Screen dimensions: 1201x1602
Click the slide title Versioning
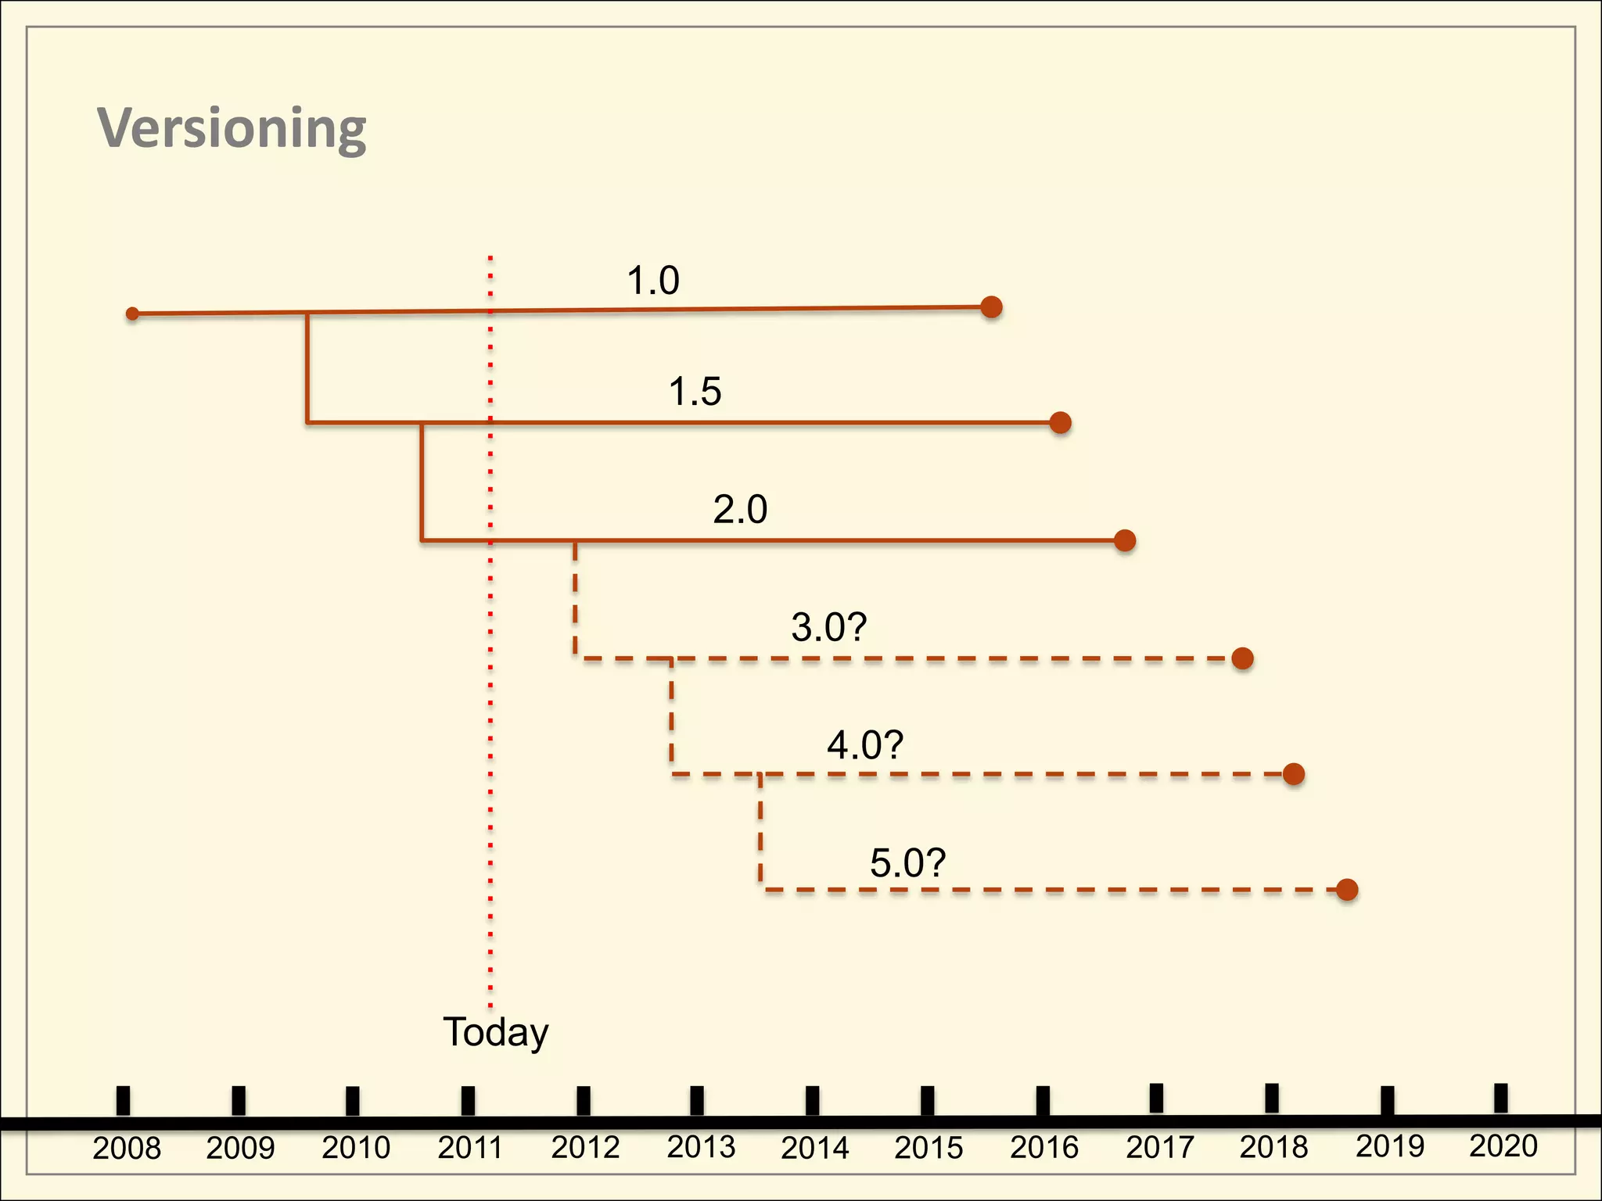pos(232,128)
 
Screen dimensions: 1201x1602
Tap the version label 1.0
pos(653,280)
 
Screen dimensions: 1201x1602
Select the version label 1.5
pos(695,391)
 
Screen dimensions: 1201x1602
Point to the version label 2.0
pos(740,509)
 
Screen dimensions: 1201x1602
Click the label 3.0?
pos(829,627)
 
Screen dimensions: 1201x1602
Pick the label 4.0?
pos(865,744)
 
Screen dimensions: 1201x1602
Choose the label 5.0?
pos(908,862)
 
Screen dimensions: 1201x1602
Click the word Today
pos(496,1032)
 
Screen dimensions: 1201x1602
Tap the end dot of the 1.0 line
pos(991,307)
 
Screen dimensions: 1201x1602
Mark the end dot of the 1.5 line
pos(1060,422)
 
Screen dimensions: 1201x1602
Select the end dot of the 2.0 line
pos(1125,540)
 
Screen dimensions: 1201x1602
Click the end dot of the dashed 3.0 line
pos(1242,658)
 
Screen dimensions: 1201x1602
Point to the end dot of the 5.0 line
pos(1347,890)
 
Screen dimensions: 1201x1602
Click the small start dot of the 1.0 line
pos(133,314)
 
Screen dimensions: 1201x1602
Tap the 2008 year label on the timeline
pos(127,1148)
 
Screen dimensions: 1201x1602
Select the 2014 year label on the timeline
pos(815,1148)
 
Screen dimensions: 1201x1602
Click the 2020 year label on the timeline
pos(1503,1146)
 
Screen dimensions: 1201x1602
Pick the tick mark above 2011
pos(468,1100)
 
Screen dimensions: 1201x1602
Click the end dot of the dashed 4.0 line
pos(1294,774)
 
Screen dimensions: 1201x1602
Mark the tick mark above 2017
pos(1156,1098)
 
